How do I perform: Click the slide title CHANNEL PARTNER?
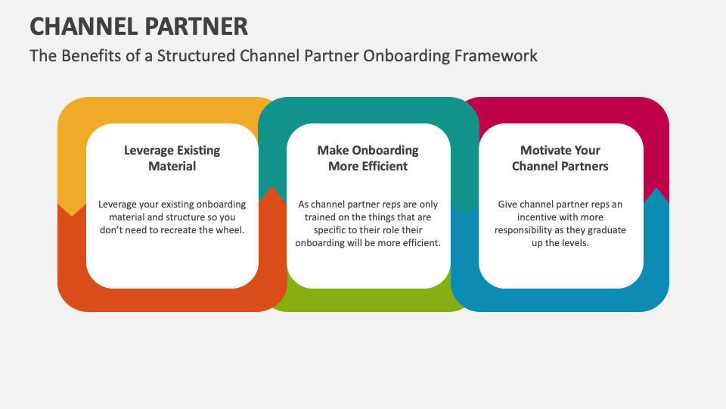[x=138, y=27]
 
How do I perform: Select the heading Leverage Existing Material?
[x=172, y=158]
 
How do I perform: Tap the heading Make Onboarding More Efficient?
[x=368, y=158]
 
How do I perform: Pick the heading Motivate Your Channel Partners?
[x=560, y=158]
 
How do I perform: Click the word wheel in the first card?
[x=229, y=230]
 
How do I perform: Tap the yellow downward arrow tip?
[x=73, y=208]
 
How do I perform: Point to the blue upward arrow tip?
[x=656, y=195]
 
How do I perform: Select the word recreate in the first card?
[x=180, y=230]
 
